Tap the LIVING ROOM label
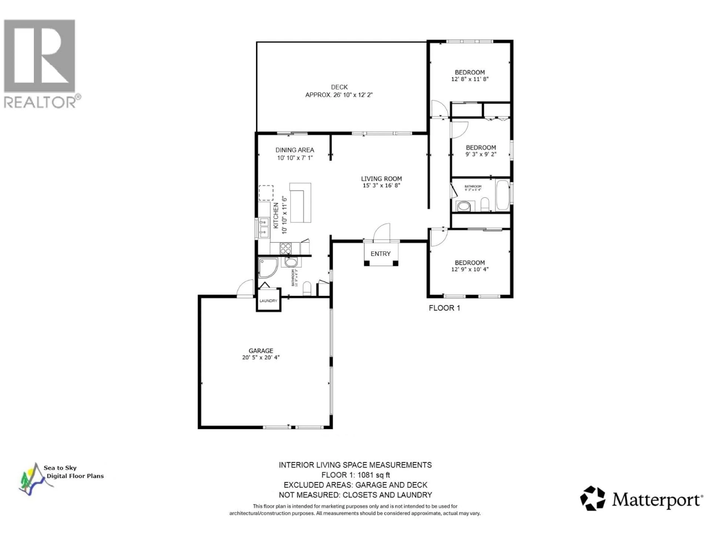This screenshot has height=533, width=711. pyautogui.click(x=381, y=179)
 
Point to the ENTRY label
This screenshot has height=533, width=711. pyautogui.click(x=380, y=254)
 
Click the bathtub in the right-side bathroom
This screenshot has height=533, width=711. pyautogui.click(x=502, y=195)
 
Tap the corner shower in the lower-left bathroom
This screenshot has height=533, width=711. pyautogui.click(x=267, y=267)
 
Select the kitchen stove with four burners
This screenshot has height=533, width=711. pyautogui.click(x=286, y=248)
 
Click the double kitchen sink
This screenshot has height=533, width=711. pyautogui.click(x=264, y=227)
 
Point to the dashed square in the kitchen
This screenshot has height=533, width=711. pyautogui.click(x=266, y=193)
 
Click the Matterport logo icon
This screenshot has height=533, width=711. pyautogui.click(x=592, y=498)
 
